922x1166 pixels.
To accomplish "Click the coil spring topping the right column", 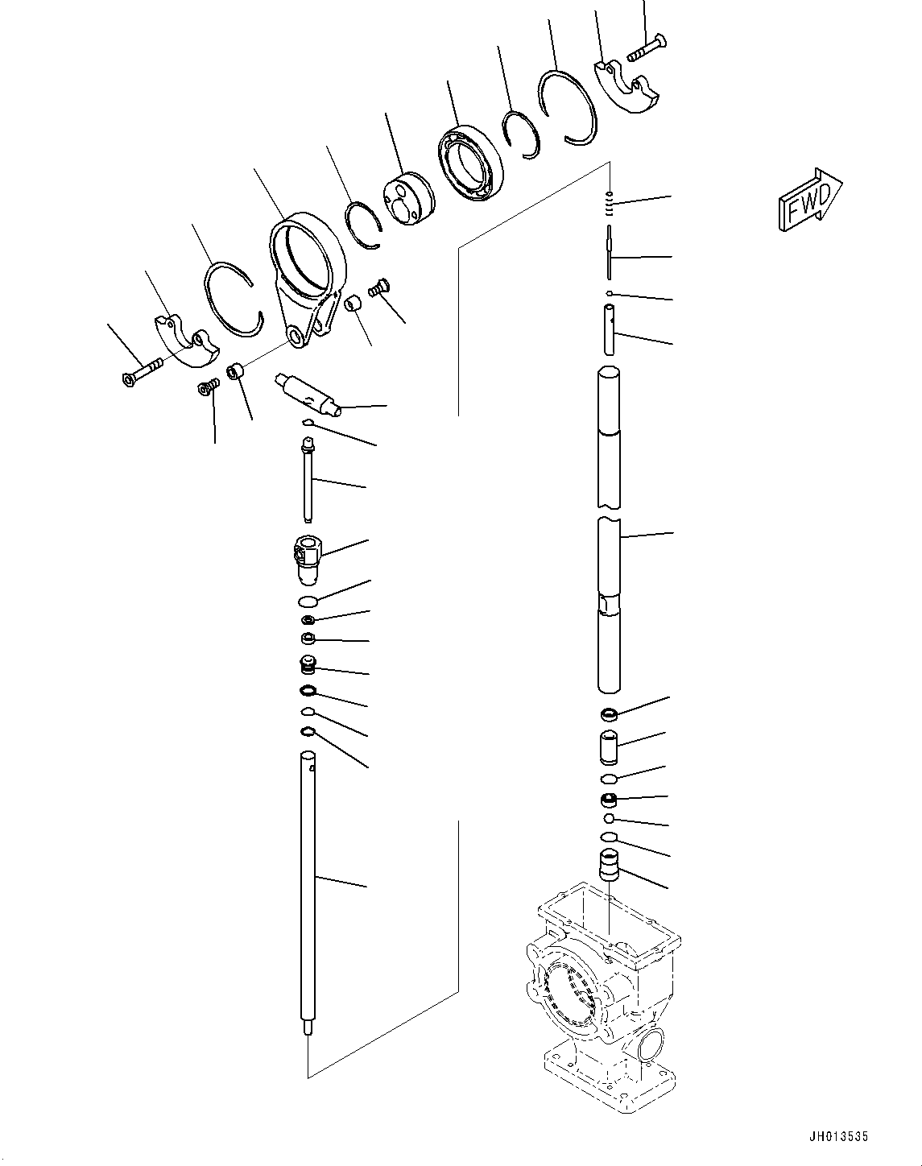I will [x=610, y=202].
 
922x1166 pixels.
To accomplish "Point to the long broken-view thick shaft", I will [x=609, y=531].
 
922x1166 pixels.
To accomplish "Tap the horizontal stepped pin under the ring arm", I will [x=309, y=392].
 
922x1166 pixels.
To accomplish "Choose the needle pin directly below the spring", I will [x=610, y=252].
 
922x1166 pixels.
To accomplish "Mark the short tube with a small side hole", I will [x=610, y=329].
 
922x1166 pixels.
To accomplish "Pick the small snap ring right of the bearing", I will [x=517, y=134].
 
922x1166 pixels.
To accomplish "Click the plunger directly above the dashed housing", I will [x=610, y=868].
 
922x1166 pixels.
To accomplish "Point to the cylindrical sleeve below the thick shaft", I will [x=610, y=747].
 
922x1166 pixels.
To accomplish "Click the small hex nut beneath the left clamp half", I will [x=207, y=388].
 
